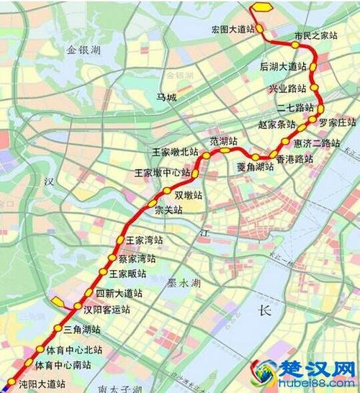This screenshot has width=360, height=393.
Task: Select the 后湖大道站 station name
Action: [283, 66]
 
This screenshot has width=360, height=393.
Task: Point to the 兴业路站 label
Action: [287, 89]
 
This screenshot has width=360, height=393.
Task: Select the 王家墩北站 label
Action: [175, 152]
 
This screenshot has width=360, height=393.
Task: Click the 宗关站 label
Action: [168, 209]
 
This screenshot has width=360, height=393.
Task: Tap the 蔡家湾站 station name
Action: [138, 258]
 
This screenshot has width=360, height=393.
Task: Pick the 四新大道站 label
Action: [119, 294]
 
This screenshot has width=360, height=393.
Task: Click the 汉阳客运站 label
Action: [107, 310]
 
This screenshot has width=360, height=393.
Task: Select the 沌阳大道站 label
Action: [41, 384]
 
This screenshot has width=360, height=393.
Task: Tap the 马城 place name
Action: [166, 97]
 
